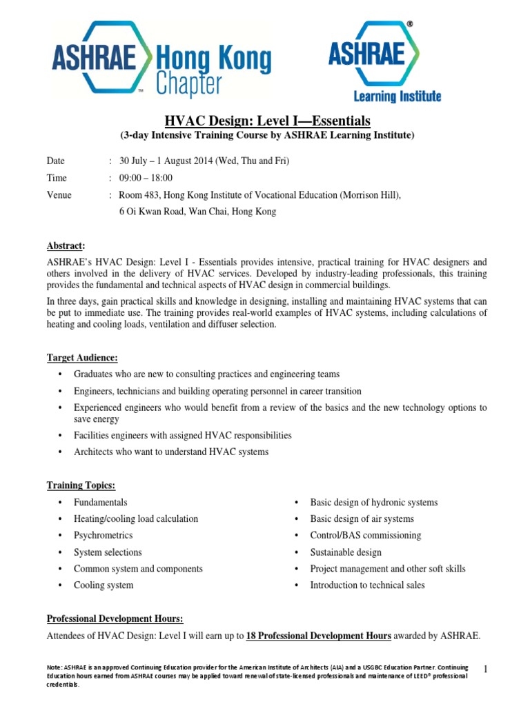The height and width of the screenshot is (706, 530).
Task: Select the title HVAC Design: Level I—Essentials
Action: [x=264, y=121]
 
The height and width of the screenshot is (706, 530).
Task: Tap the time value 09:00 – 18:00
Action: [x=146, y=178]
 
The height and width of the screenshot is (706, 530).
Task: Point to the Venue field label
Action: [x=59, y=195]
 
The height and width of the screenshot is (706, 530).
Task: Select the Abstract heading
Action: [x=66, y=245]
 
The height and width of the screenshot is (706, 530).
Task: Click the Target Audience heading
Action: [x=82, y=357]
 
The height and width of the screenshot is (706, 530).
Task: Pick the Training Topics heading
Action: [x=81, y=485]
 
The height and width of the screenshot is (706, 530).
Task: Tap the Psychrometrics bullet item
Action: [x=103, y=535]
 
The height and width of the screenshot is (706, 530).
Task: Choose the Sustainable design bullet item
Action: [x=345, y=552]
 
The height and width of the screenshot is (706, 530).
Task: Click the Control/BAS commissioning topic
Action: [x=365, y=535]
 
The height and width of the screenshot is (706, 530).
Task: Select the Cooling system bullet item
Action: [x=104, y=585]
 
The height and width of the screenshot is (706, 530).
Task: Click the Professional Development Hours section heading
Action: [x=115, y=619]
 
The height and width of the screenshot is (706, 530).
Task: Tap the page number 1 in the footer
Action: [x=486, y=669]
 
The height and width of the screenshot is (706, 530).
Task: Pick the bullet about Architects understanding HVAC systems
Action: [x=170, y=452]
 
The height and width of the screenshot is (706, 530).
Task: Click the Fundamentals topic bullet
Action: [x=100, y=502]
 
